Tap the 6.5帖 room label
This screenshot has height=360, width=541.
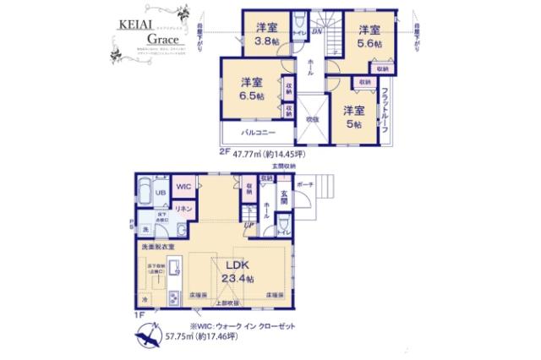pos(250,89)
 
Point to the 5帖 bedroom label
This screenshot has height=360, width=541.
pos(352,117)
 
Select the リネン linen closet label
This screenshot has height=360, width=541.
pos(184,207)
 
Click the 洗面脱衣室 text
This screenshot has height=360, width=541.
pos(157,246)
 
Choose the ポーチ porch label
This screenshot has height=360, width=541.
pos(306,183)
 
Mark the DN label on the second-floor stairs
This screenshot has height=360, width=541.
pos(314,33)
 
